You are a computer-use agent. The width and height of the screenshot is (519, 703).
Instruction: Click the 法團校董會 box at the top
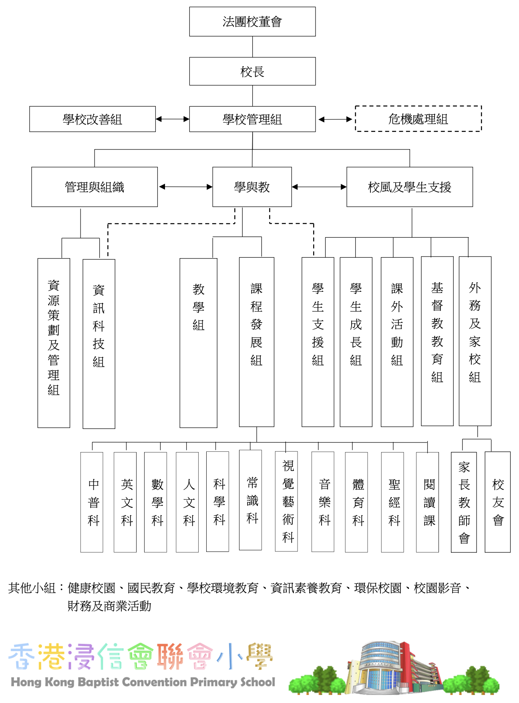point(252,22)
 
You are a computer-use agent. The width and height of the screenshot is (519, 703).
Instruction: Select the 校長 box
point(252,71)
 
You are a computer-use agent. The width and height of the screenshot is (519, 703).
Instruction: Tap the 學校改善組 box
point(93,119)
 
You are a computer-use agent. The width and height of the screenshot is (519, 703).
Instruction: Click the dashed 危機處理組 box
point(418,119)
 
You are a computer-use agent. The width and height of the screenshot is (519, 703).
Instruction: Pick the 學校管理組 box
point(252,119)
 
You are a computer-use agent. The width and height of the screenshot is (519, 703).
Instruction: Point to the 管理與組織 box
point(95,187)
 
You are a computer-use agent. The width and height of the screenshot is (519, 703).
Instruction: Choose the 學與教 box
point(252,187)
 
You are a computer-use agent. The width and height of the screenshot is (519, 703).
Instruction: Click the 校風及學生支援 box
point(409,187)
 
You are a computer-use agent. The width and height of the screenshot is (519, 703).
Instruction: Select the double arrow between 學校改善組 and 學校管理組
point(172,119)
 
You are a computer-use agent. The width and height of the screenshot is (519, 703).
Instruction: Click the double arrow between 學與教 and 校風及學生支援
point(319,187)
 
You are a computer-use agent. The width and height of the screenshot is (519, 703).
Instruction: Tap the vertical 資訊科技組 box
point(99,343)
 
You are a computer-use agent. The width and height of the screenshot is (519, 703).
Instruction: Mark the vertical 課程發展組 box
point(256,341)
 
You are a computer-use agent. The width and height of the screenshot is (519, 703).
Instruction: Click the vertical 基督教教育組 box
point(437,341)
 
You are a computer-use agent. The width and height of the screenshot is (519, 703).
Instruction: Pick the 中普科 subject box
point(92,502)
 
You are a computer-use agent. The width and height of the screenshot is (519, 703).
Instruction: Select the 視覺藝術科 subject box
point(286,501)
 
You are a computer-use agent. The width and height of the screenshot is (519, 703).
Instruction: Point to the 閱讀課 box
point(427,502)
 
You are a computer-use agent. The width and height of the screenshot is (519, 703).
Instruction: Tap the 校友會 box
point(497,502)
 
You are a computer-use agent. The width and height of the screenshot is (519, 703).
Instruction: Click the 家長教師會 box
point(464,502)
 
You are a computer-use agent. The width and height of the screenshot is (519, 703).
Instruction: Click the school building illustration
point(394,667)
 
